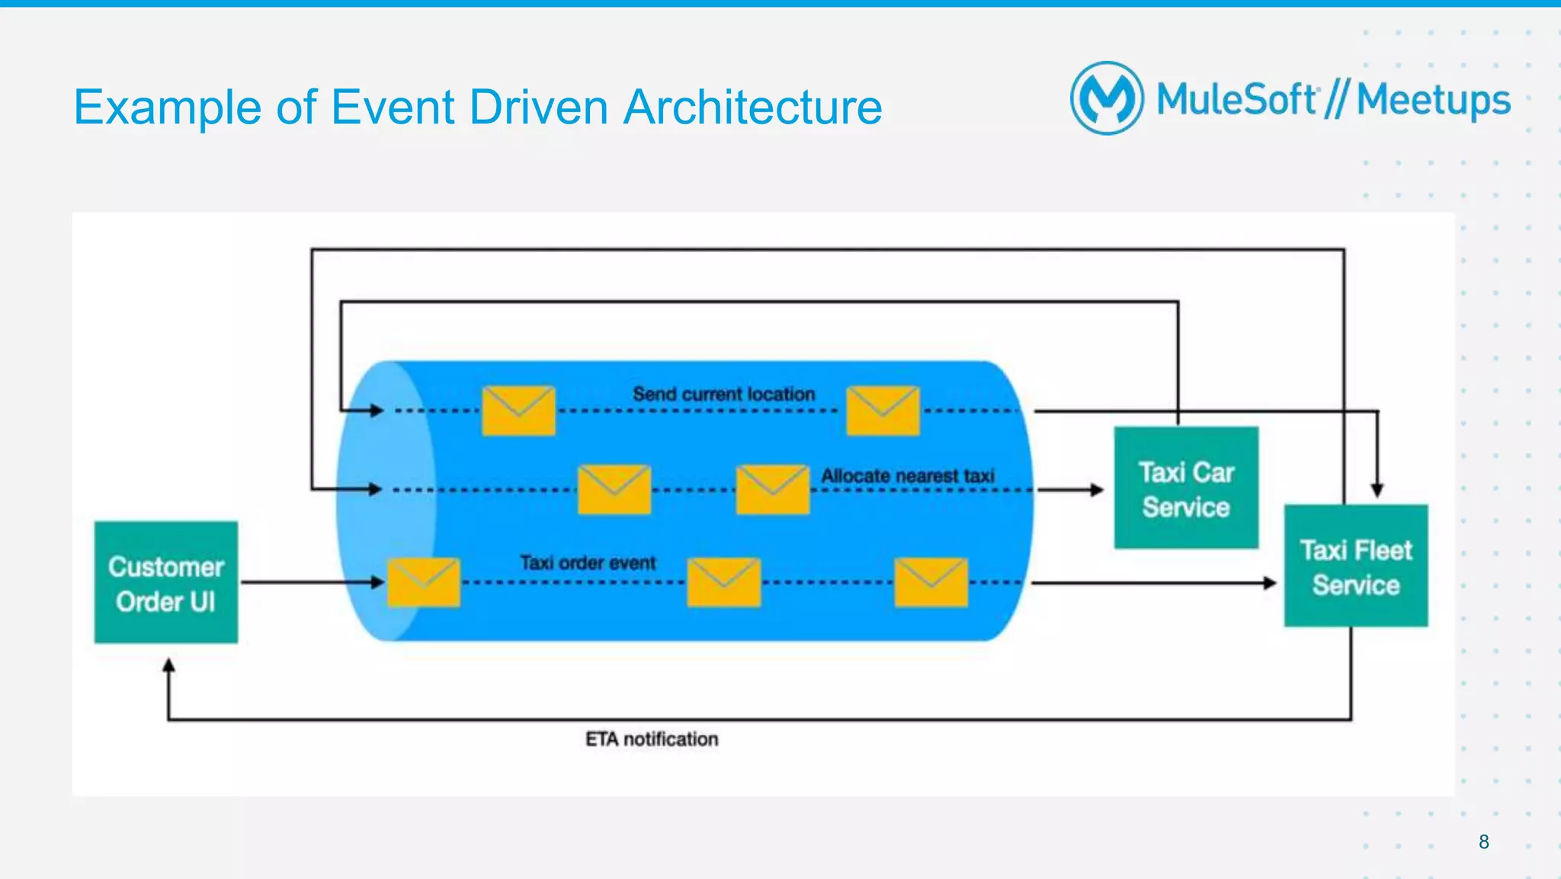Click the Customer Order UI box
(165, 582)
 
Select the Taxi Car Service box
(1185, 488)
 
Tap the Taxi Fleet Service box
(1355, 566)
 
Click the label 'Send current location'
(723, 394)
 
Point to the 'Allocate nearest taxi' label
(907, 476)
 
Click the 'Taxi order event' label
(587, 563)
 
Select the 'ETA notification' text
(651, 739)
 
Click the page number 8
(1483, 842)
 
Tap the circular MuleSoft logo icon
(1107, 98)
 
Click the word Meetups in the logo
(1433, 101)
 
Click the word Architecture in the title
(752, 107)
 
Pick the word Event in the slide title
(393, 107)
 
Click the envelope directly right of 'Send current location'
(883, 410)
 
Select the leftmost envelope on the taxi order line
(424, 582)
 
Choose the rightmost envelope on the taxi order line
(931, 582)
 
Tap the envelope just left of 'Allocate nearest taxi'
(772, 489)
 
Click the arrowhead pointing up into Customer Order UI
(168, 666)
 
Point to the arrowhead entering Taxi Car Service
(1097, 489)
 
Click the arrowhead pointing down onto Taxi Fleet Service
(1377, 490)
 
